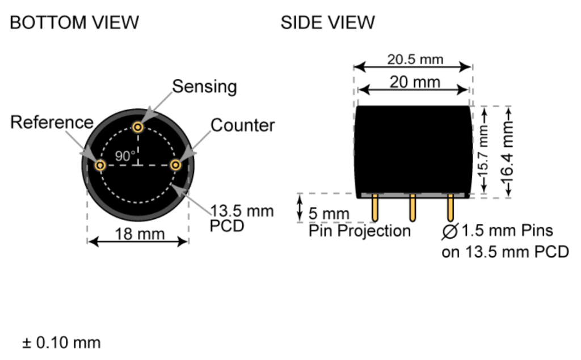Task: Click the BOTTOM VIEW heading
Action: pos(74,23)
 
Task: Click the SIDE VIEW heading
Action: pos(327,23)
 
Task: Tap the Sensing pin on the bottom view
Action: pos(138,126)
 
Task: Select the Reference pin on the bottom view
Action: pos(100,165)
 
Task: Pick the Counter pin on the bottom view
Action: pos(176,165)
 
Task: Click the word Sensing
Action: pos(204,87)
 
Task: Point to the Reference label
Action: pos(52,122)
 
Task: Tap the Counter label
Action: pos(243,125)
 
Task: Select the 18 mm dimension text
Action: pos(139,234)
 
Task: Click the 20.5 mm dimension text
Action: pos(415,59)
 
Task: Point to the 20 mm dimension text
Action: pos(415,82)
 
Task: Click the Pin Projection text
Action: pos(359,231)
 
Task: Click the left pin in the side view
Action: pos(375,208)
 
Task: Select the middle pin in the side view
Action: pos(412,208)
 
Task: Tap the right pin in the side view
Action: pos(450,208)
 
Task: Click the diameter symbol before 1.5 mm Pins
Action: pos(451,231)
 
